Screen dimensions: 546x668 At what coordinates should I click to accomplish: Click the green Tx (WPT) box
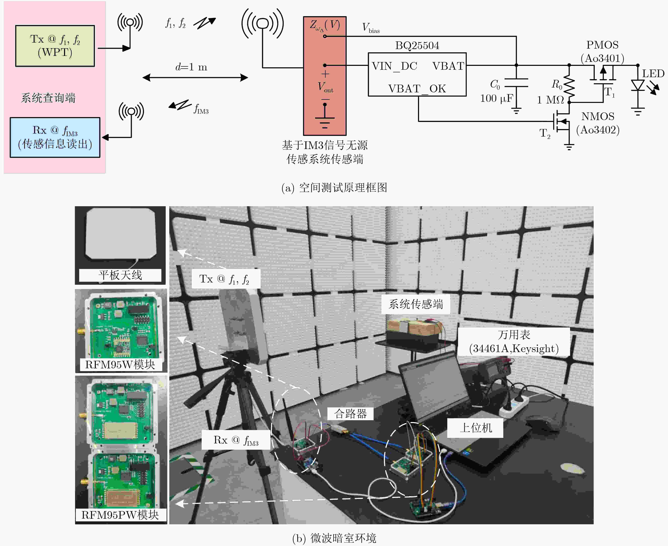(x=55, y=46)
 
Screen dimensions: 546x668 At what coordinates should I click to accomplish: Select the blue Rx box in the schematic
(x=55, y=137)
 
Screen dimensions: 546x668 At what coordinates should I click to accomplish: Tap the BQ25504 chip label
(x=417, y=46)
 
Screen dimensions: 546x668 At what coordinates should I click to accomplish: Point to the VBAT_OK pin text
(x=417, y=89)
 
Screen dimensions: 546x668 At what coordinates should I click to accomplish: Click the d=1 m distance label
(x=191, y=67)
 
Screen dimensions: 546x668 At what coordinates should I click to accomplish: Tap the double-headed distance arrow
(x=195, y=77)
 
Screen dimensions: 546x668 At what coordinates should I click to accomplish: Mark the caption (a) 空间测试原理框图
(x=334, y=188)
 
